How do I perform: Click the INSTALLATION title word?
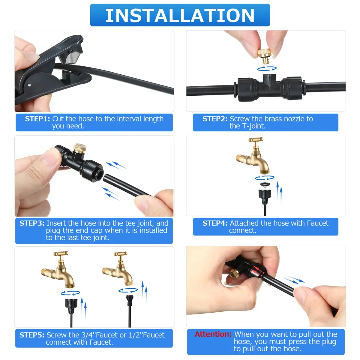pyautogui.click(x=180, y=16)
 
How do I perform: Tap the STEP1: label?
pyautogui.click(x=37, y=119)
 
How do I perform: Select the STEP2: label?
pyautogui.click(x=215, y=119)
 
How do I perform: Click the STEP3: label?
pyautogui.click(x=32, y=223)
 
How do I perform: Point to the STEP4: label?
pyautogui.click(x=215, y=223)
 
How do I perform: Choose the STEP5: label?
pyautogui.click(x=32, y=335)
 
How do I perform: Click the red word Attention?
pyautogui.click(x=213, y=334)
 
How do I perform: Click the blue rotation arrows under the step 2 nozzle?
pyautogui.click(x=267, y=69)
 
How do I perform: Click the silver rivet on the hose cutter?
pyautogui.click(x=29, y=85)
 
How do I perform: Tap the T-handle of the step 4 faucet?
pyautogui.click(x=256, y=140)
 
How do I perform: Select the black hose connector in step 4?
pyautogui.click(x=265, y=196)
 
